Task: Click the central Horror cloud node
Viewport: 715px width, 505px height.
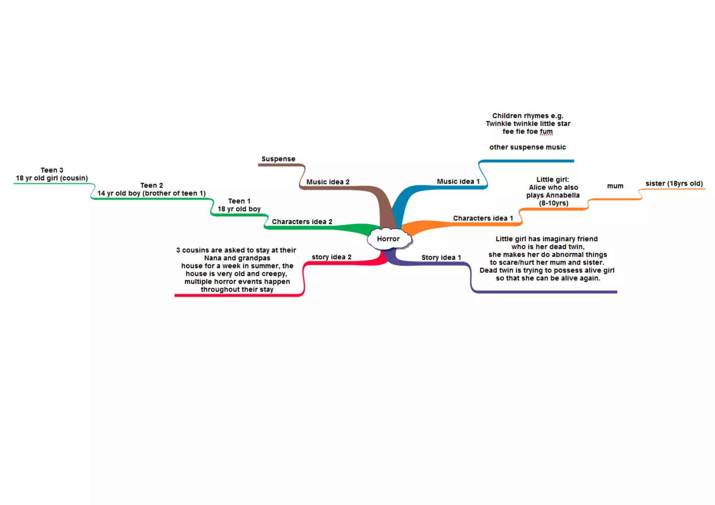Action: [x=389, y=239]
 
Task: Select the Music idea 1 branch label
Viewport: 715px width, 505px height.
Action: [x=458, y=181]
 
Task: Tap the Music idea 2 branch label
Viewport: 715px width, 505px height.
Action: [x=328, y=182]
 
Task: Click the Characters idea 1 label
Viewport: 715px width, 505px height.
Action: [x=483, y=218]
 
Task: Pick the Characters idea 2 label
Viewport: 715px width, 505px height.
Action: [x=302, y=222]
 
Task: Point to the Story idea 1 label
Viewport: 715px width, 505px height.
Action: [x=441, y=257]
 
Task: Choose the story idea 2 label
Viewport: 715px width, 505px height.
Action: [x=331, y=257]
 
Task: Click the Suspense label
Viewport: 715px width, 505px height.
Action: [x=278, y=159]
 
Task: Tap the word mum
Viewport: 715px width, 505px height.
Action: [x=615, y=186]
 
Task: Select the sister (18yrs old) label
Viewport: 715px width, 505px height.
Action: [x=674, y=183]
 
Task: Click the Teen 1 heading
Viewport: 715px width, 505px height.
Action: [x=239, y=201]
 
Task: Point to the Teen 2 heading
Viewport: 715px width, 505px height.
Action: [x=152, y=186]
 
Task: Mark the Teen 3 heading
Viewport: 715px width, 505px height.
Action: [x=52, y=170]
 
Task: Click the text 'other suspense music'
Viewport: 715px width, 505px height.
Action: [x=527, y=147]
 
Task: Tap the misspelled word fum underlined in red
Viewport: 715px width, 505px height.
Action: [x=546, y=131]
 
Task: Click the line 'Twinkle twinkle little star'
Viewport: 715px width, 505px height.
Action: [x=528, y=123]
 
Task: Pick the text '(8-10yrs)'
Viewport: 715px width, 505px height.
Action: [x=553, y=203]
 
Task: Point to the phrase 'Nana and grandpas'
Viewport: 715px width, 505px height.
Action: [x=237, y=258]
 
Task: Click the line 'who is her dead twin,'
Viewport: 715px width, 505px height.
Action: [x=547, y=247]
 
